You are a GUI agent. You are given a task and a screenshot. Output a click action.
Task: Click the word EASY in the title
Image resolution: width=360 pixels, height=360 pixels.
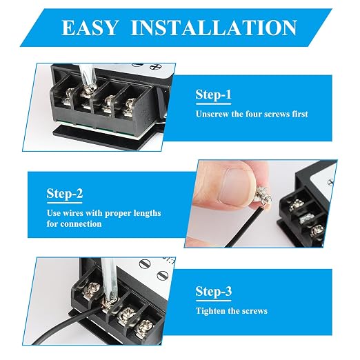[x=90, y=28]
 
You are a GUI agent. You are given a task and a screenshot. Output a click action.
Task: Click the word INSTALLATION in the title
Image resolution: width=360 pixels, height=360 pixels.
[x=214, y=28]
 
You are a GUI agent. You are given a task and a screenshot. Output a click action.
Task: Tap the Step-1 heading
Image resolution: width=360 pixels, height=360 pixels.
[x=213, y=94]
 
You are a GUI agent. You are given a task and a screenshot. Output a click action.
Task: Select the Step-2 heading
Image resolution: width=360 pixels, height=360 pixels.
[x=65, y=194]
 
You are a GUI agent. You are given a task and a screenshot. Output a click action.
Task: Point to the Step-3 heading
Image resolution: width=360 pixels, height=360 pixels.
[x=214, y=291]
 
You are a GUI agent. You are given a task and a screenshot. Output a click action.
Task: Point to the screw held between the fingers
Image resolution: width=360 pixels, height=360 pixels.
[x=263, y=197]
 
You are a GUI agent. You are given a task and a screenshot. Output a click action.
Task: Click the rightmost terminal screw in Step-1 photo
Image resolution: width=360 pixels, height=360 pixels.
[x=129, y=108]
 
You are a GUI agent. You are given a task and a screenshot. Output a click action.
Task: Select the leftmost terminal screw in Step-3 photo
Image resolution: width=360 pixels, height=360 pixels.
[x=92, y=291]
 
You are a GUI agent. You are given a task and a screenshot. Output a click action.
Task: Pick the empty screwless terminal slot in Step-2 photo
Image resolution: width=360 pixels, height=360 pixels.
[x=306, y=219]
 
